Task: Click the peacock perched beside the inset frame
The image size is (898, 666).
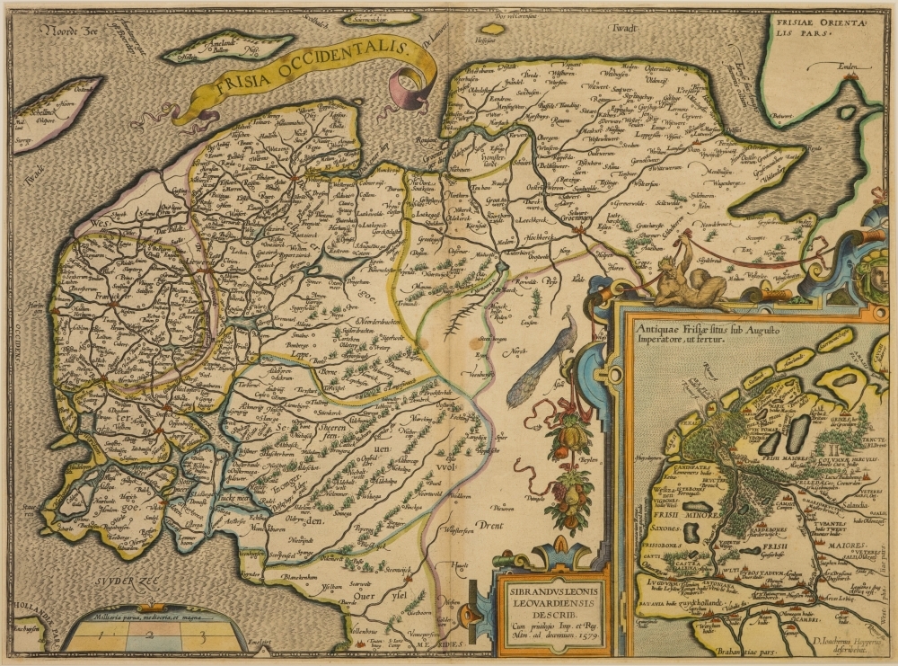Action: coord(539,360)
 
